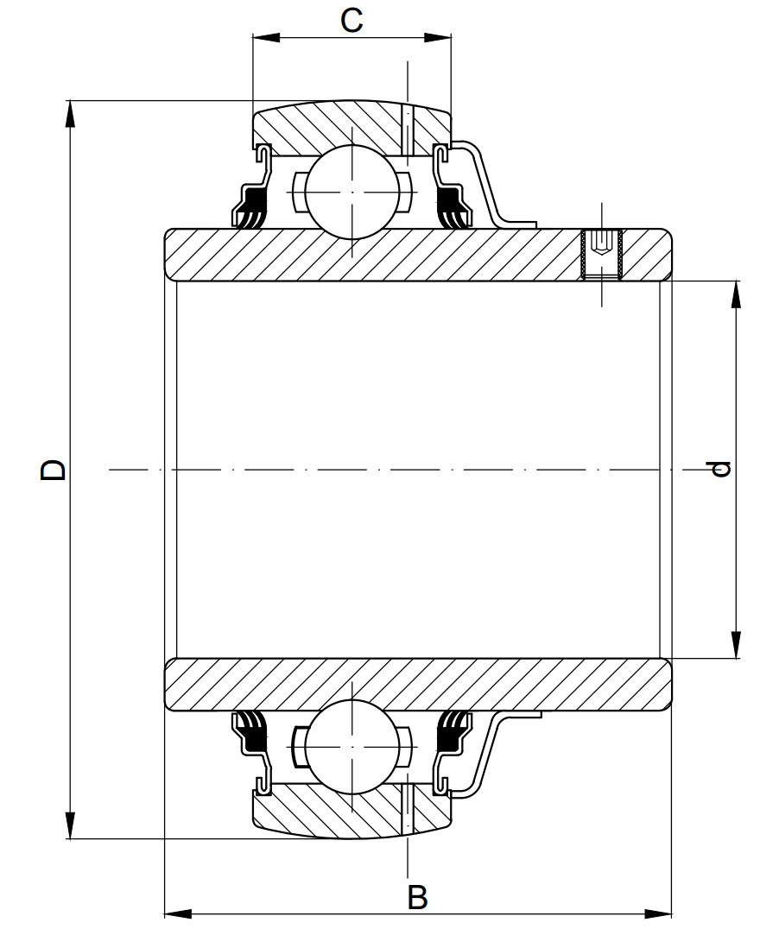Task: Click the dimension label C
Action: [351, 20]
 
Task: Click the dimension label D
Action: [54, 470]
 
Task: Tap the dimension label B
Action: [417, 898]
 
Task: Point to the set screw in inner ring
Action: [603, 254]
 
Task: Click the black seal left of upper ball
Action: [251, 210]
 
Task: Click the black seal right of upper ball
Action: [451, 210]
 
